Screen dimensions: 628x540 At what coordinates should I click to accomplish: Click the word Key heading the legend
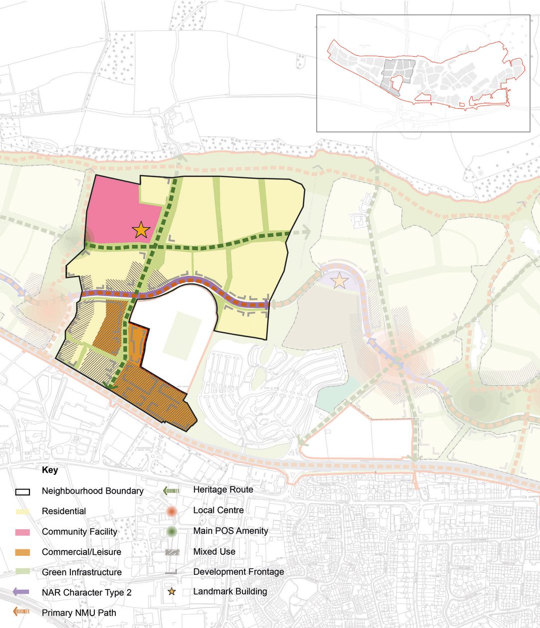(x=50, y=470)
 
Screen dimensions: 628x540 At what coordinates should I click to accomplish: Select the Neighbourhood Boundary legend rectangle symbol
(x=22, y=491)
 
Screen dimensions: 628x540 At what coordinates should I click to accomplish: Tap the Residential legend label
(x=64, y=511)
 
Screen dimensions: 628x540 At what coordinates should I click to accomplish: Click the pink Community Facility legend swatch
(x=22, y=532)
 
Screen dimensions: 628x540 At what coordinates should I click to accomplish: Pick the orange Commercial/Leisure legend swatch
(x=22, y=552)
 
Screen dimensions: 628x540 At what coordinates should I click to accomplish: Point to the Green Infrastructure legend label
(x=82, y=572)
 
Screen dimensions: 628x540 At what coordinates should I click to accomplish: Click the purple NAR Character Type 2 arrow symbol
(x=22, y=592)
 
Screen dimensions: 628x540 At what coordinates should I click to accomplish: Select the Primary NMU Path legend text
(x=79, y=613)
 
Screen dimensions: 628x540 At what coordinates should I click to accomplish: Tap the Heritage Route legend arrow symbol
(x=171, y=490)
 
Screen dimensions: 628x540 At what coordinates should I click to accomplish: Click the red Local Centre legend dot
(x=171, y=511)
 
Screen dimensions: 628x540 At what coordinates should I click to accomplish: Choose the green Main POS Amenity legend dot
(x=171, y=531)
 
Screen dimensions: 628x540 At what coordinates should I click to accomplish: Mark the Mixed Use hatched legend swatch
(x=171, y=552)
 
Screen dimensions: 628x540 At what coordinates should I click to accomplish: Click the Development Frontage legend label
(x=239, y=572)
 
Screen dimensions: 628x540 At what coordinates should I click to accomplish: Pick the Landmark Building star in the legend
(x=172, y=592)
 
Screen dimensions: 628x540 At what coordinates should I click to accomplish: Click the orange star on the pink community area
(x=141, y=230)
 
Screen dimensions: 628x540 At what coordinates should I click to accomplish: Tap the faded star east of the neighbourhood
(x=339, y=281)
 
